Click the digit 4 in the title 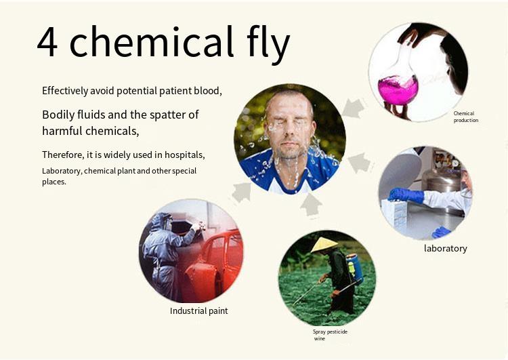point(47,42)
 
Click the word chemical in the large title point(151,41)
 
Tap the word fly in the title point(268,44)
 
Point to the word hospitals point(185,155)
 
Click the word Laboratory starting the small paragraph point(62,172)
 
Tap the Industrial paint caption point(199,311)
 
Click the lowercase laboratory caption point(446,248)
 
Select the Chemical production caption point(466,117)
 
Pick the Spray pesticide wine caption point(330,335)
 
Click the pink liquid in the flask point(398,90)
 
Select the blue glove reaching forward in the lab point(406,195)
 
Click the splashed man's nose point(289,132)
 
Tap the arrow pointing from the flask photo point(353,108)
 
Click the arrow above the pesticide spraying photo point(311,204)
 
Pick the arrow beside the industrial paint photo point(242,192)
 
